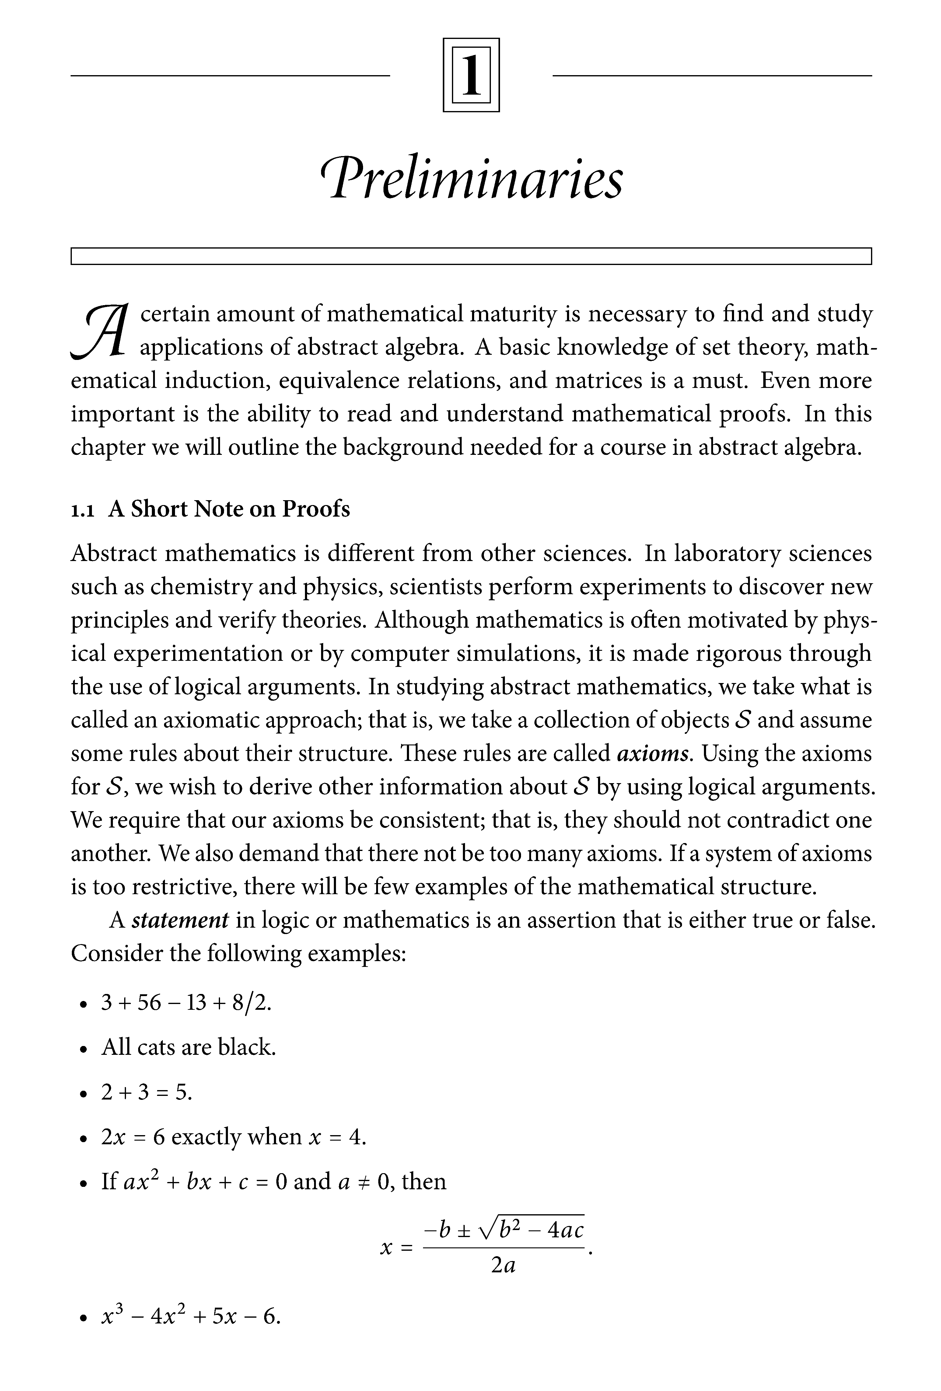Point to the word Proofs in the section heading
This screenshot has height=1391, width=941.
[316, 509]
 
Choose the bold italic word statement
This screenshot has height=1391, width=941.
[180, 920]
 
